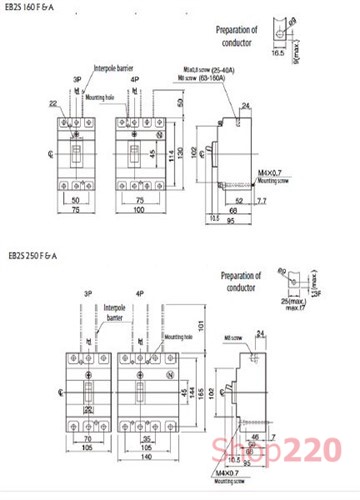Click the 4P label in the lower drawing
point(140,294)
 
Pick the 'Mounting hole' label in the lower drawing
point(172,339)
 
